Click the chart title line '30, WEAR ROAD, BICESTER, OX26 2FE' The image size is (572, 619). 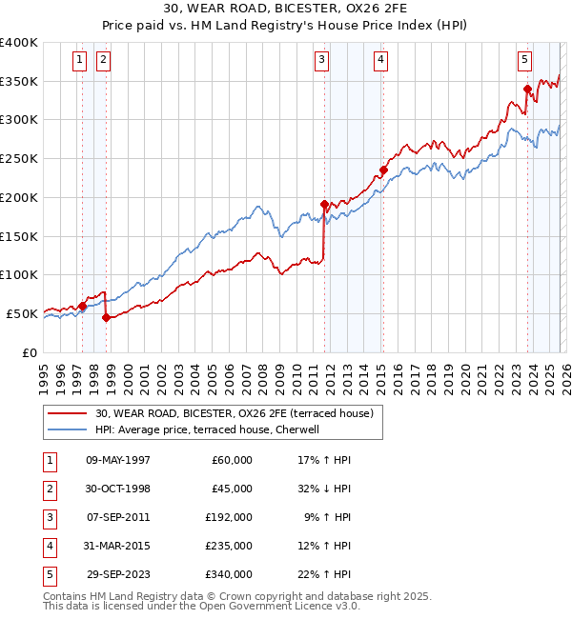(x=285, y=9)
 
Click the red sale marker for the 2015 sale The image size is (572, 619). (x=383, y=170)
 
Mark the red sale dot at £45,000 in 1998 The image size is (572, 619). (x=106, y=318)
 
